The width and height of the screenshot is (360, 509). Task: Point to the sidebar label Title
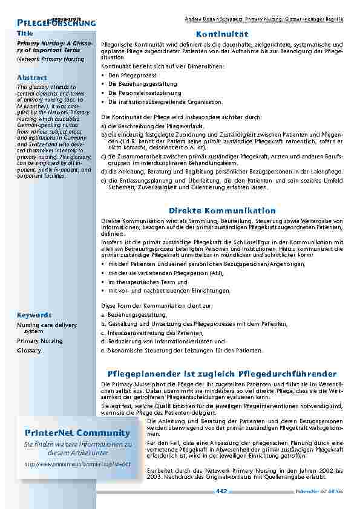click(x=25, y=33)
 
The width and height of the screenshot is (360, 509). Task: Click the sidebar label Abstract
click(x=32, y=77)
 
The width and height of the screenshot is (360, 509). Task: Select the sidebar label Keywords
click(x=34, y=315)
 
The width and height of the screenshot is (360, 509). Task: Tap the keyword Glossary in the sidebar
click(x=29, y=351)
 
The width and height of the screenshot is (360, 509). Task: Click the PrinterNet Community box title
click(x=77, y=433)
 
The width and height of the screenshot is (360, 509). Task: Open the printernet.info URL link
click(x=77, y=464)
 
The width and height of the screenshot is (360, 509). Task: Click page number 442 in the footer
click(x=221, y=491)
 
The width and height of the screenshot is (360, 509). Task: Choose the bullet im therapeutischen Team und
click(x=139, y=282)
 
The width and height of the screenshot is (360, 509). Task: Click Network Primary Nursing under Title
click(x=50, y=59)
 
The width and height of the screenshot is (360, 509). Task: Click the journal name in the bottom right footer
click(x=324, y=491)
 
